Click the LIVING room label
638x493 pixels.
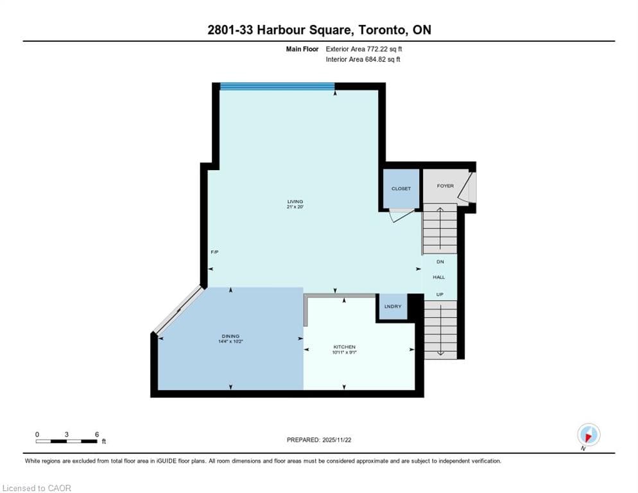(x=295, y=202)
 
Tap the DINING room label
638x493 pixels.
(x=230, y=336)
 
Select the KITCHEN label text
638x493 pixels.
(x=344, y=347)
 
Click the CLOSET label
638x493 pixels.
(x=401, y=189)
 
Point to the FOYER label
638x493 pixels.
(x=445, y=186)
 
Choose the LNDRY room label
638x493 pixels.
(x=393, y=306)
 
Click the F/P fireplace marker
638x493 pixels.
(x=214, y=252)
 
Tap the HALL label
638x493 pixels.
(x=438, y=277)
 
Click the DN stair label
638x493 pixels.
(x=440, y=262)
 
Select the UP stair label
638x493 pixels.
(x=440, y=295)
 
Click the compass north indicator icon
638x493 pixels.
(x=589, y=435)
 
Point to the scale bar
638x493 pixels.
(x=66, y=441)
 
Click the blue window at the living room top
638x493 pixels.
(x=277, y=86)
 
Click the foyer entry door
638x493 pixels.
(x=467, y=187)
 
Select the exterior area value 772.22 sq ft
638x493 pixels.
(x=384, y=49)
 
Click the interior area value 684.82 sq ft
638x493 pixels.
(x=383, y=59)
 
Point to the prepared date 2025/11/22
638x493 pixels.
(x=336, y=440)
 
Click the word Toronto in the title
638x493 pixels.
(x=382, y=30)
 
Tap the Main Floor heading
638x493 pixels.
(x=302, y=49)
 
